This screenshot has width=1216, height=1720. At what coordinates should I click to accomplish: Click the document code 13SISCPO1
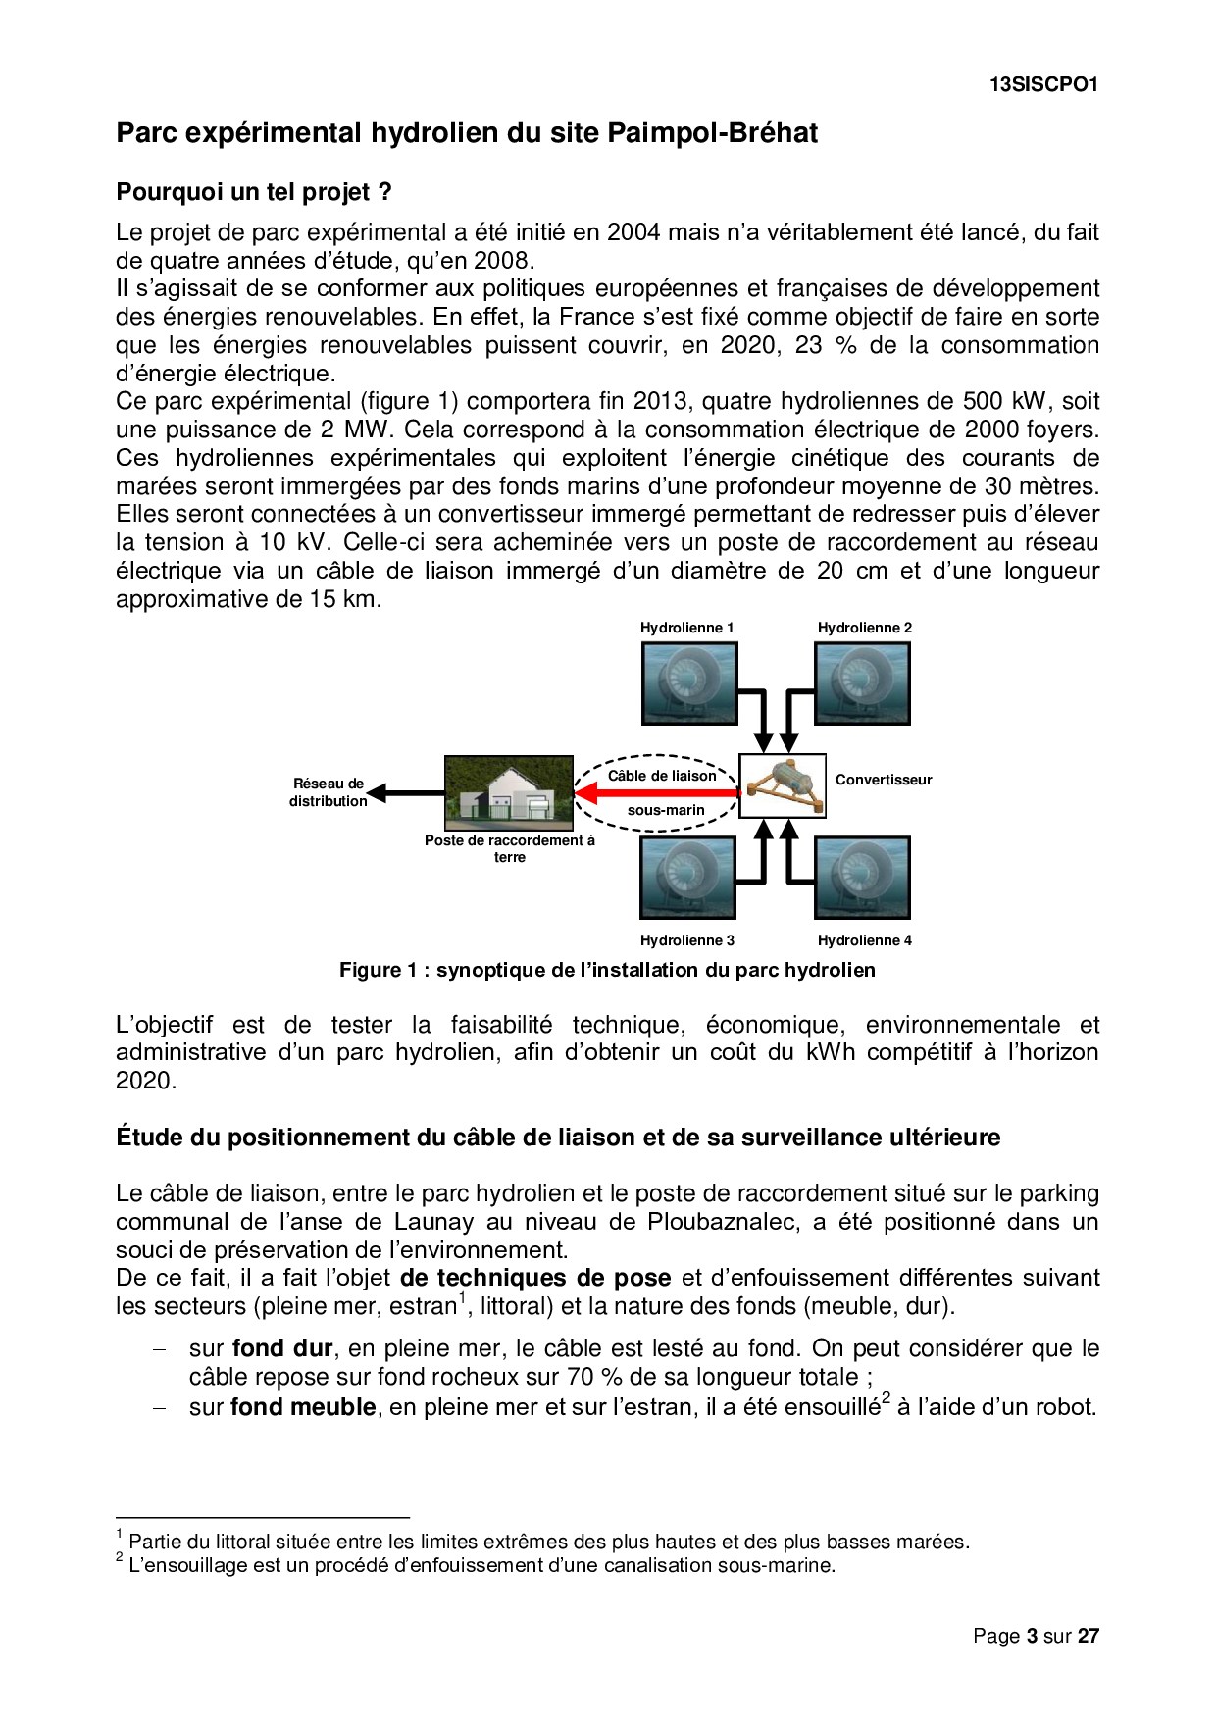click(x=1042, y=85)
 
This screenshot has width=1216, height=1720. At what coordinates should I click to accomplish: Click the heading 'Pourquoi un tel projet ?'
click(x=254, y=192)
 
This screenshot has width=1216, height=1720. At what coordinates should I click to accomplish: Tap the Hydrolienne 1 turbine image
click(x=688, y=683)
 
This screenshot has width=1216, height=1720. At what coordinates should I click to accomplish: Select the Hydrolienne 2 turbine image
click(x=863, y=683)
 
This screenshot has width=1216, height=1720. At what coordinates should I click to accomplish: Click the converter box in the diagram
click(x=782, y=785)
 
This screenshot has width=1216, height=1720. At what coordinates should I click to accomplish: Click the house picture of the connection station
click(x=509, y=790)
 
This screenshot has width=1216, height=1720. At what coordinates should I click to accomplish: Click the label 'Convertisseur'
click(x=884, y=781)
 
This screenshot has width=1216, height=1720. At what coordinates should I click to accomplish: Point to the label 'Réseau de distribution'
click(x=329, y=792)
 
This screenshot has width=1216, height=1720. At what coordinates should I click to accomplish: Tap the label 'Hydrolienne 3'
click(x=687, y=940)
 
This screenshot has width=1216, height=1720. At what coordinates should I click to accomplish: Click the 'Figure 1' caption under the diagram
click(x=607, y=971)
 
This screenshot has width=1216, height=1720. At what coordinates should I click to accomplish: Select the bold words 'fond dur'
click(x=282, y=1348)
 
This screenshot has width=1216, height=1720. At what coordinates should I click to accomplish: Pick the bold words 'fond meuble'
click(x=303, y=1408)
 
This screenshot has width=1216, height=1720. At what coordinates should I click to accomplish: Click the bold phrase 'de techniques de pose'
click(x=535, y=1279)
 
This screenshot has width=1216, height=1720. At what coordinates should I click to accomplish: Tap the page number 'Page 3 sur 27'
click(x=1036, y=1636)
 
